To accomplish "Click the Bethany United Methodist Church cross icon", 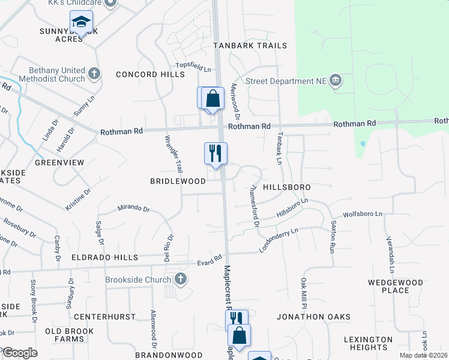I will tap(94, 74).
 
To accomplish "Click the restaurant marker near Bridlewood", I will tap(215, 154).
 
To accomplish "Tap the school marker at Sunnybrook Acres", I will tap(80, 23).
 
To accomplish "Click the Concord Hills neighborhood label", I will tap(150, 74).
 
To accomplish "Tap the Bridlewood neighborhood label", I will tap(178, 181).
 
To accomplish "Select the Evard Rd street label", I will tap(209, 263).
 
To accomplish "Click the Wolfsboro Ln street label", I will tap(362, 214).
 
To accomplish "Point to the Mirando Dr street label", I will tap(133, 208).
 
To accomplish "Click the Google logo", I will tap(20, 352).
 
